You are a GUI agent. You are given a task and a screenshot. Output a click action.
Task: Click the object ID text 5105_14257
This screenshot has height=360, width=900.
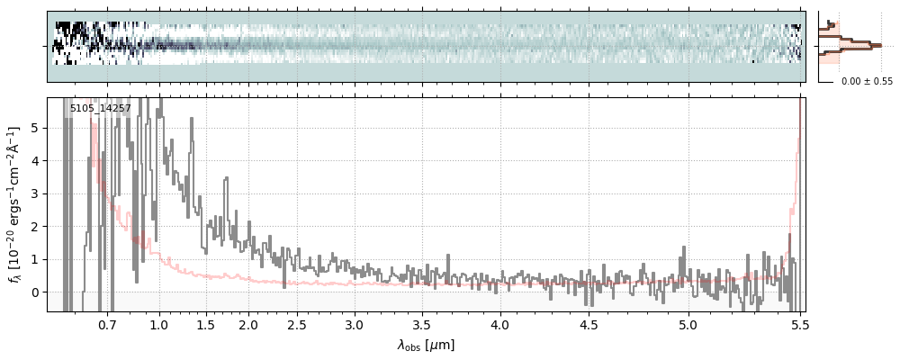100,109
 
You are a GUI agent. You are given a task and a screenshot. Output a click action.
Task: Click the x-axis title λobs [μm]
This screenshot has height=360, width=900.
426,345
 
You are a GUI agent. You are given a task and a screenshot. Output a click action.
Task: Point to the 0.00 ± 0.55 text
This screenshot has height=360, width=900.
867,82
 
